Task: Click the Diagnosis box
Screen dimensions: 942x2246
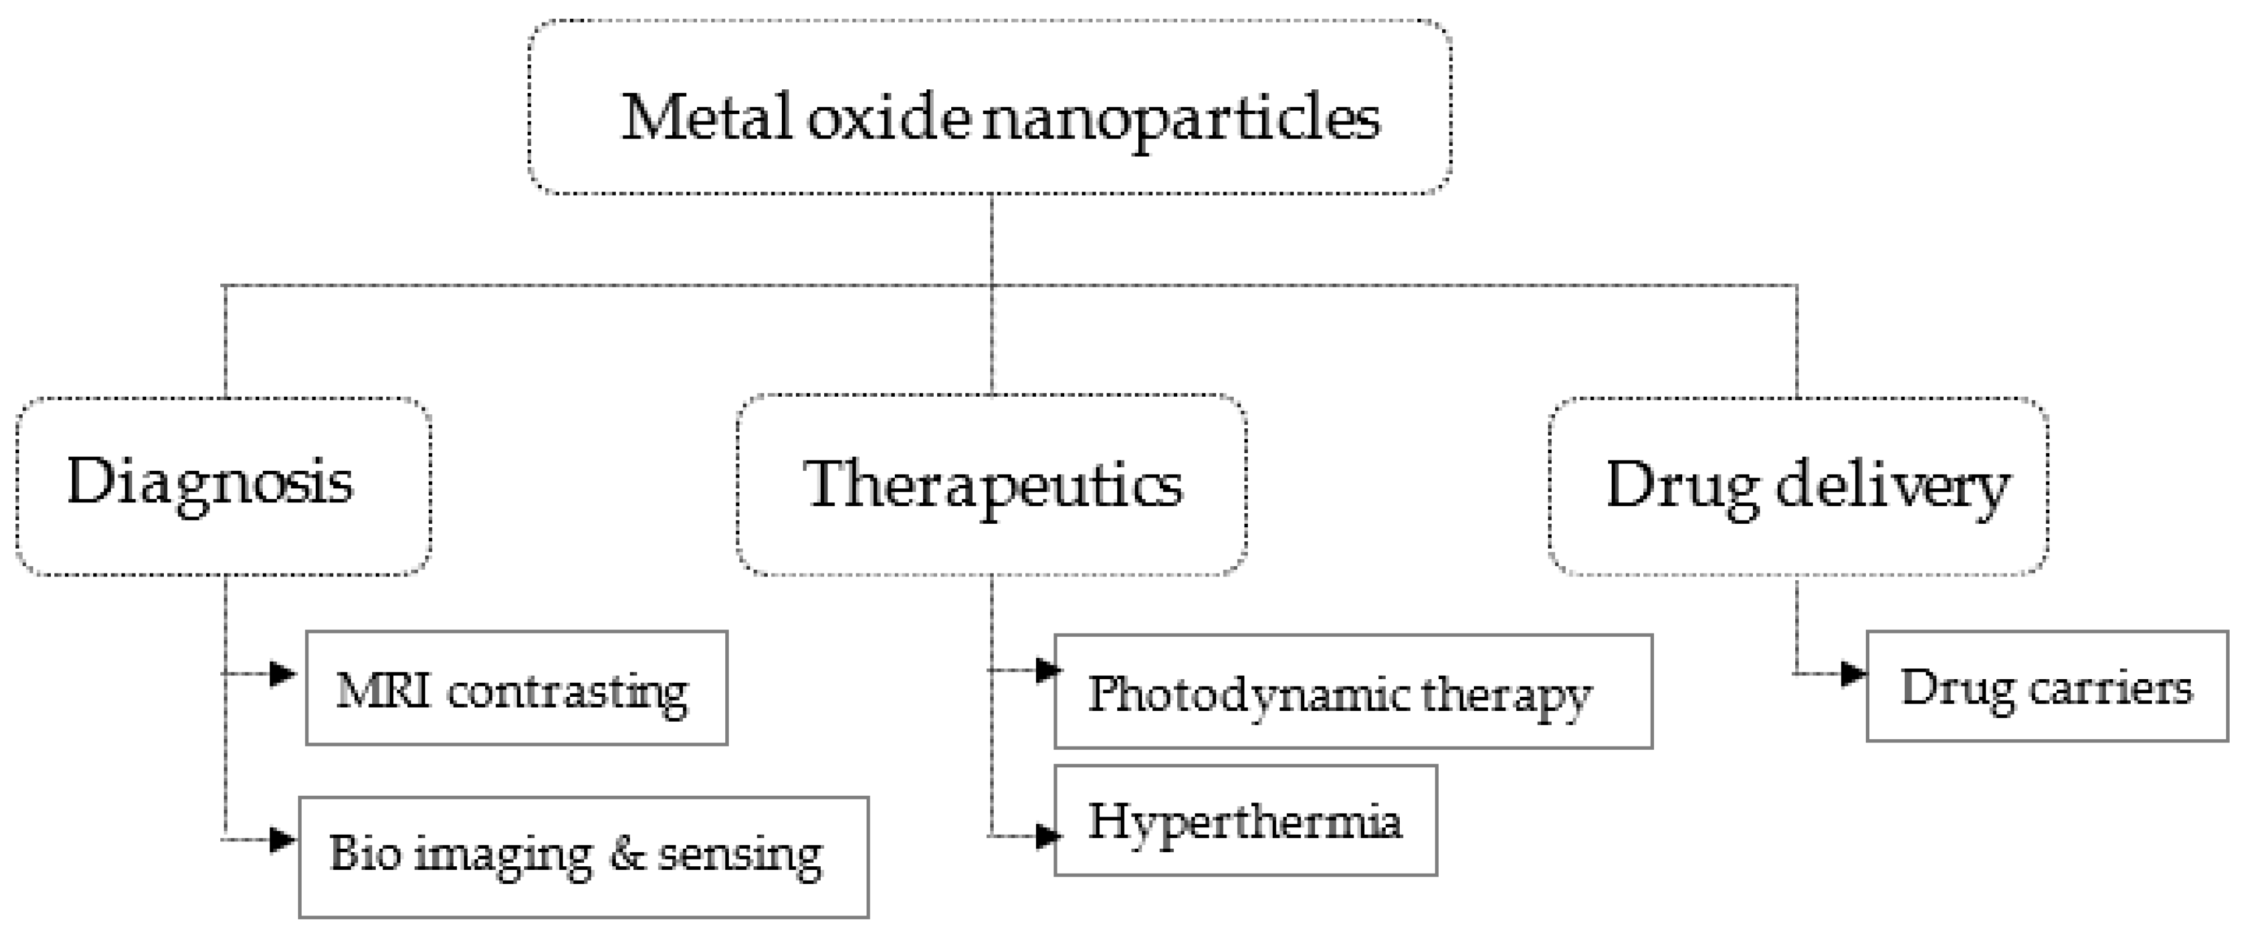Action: (x=223, y=487)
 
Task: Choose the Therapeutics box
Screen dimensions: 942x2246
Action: (x=991, y=485)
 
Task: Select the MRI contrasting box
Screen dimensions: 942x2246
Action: (x=516, y=688)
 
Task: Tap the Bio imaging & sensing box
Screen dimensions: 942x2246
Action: (x=584, y=857)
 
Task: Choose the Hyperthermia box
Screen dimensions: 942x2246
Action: (x=1245, y=821)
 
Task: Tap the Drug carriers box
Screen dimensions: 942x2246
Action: (x=2047, y=687)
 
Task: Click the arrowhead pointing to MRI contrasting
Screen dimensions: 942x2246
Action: (x=282, y=674)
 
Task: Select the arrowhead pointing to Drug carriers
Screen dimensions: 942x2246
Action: (x=1853, y=674)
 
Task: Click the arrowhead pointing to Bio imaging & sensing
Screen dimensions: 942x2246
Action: (x=282, y=839)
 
